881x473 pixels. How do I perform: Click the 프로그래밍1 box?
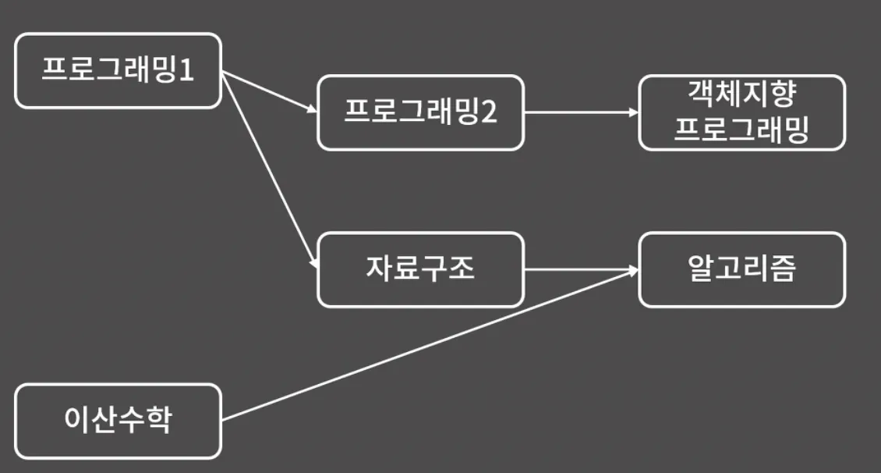(x=118, y=70)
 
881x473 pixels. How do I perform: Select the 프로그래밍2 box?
(x=420, y=112)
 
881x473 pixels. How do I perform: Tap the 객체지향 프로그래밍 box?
(x=741, y=112)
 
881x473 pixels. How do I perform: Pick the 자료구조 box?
(x=420, y=269)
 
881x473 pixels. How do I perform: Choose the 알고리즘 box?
(x=741, y=269)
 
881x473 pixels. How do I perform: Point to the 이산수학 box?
(x=118, y=421)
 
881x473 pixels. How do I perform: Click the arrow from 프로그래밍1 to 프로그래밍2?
(x=269, y=92)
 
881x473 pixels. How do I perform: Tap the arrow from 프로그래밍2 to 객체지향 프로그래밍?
(x=581, y=112)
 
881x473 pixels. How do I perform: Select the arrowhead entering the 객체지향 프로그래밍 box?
(x=634, y=112)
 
